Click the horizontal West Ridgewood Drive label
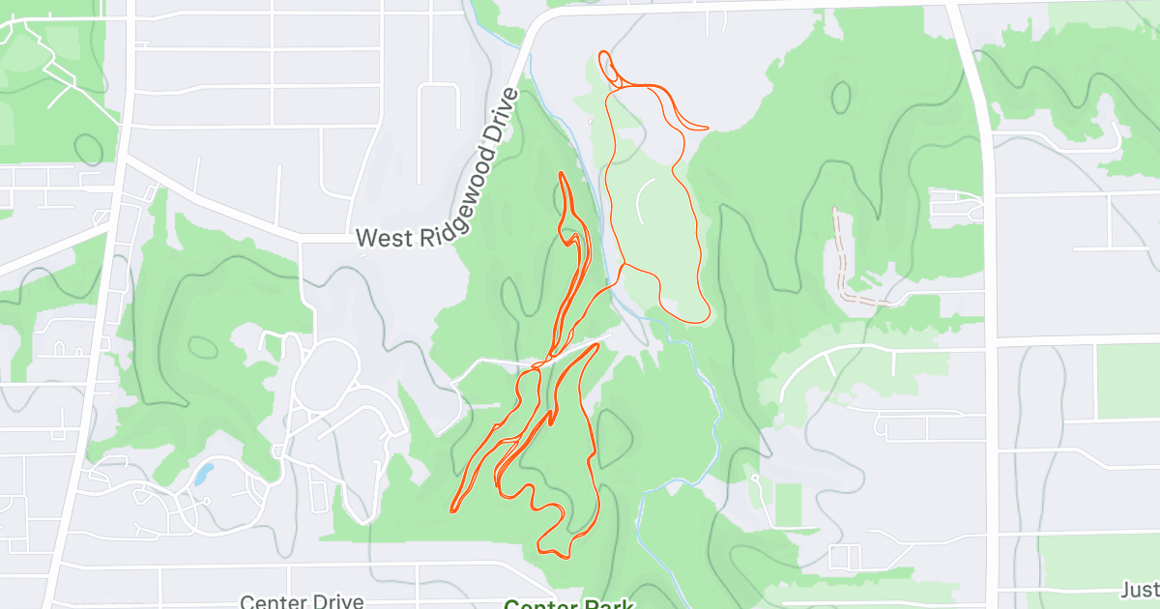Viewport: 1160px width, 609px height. [x=420, y=237]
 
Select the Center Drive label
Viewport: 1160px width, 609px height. [x=302, y=601]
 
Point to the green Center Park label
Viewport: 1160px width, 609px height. [x=568, y=603]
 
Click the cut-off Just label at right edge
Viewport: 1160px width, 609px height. [x=1141, y=590]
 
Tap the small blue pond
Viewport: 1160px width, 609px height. [x=203, y=474]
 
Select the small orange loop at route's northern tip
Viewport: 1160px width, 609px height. [x=608, y=63]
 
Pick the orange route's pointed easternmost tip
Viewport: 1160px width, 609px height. [x=708, y=128]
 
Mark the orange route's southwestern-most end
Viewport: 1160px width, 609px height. [x=452, y=509]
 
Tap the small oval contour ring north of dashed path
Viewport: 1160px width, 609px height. [x=841, y=95]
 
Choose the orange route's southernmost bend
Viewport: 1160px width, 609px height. [x=556, y=553]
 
